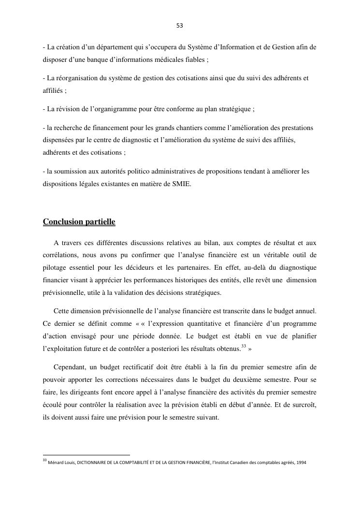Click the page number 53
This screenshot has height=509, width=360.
click(x=180, y=26)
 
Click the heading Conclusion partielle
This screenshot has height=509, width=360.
click(x=79, y=222)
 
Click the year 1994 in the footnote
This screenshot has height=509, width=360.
click(x=300, y=462)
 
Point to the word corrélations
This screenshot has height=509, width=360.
click(x=60, y=255)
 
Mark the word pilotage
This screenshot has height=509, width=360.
click(x=55, y=267)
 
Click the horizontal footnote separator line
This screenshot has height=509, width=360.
click(x=86, y=455)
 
